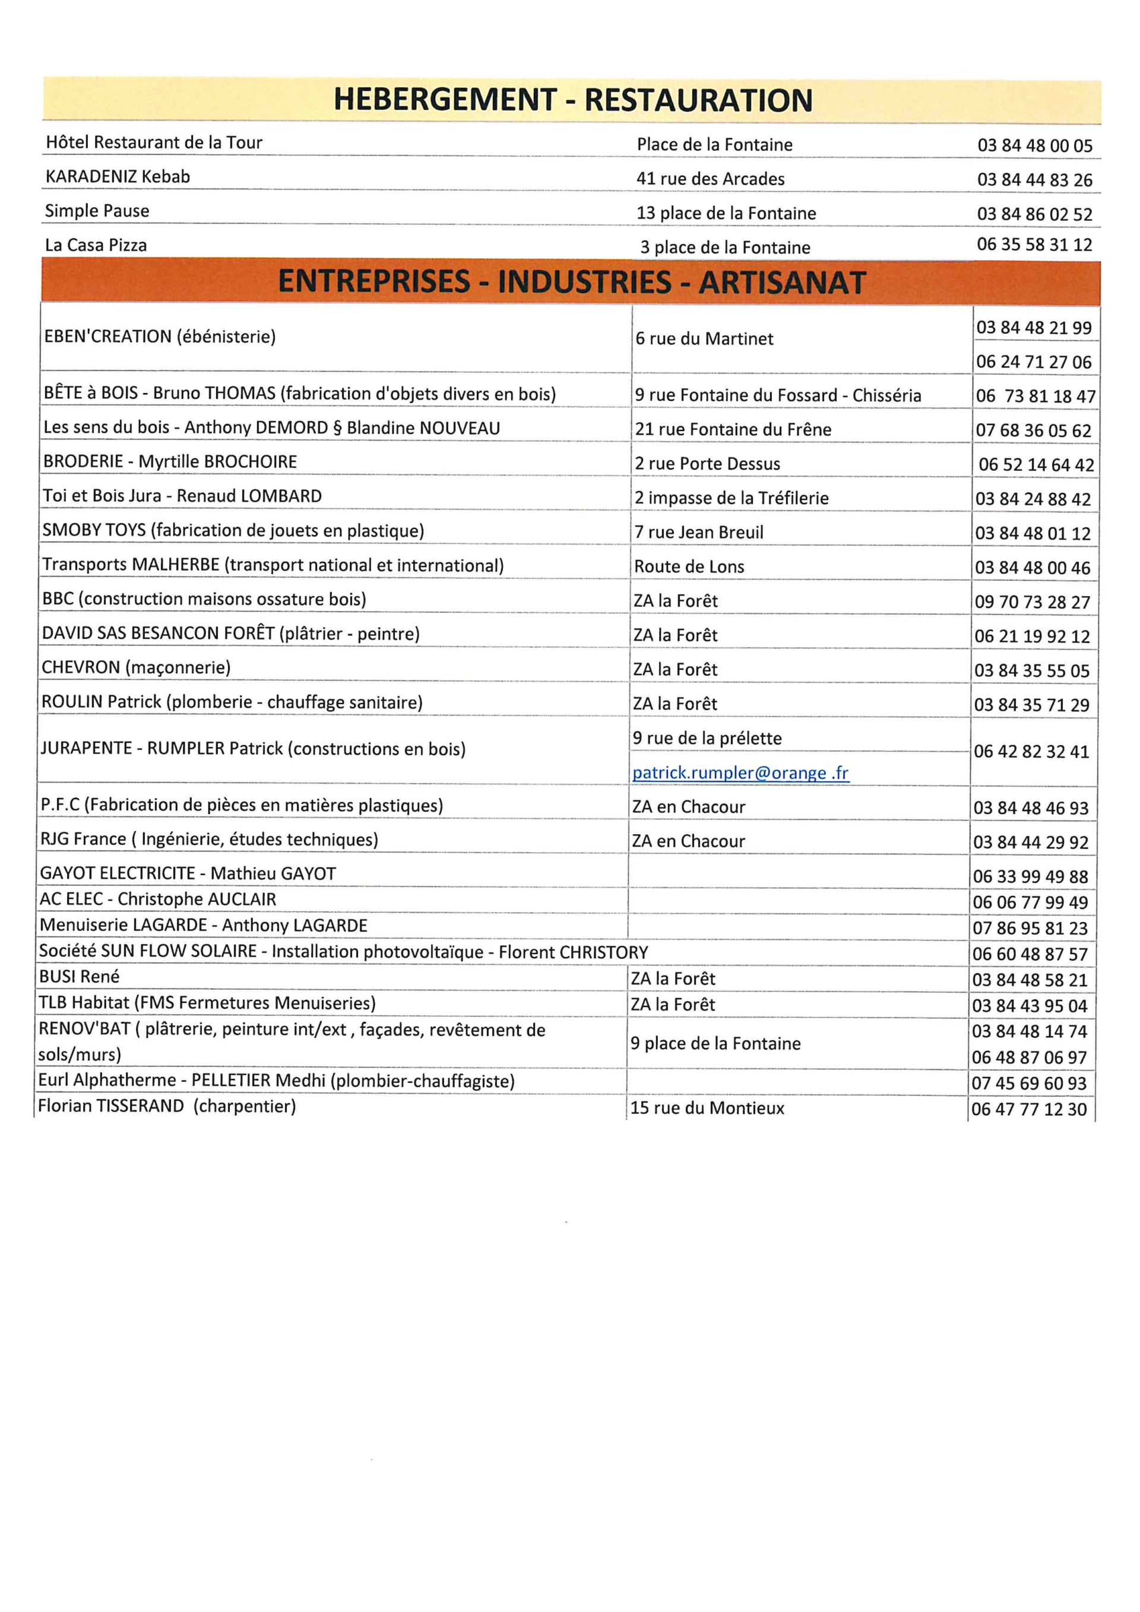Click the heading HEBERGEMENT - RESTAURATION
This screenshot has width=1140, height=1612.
pos(572,100)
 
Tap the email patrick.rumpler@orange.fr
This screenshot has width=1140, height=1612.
pos(740,773)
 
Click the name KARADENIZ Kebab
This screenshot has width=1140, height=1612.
pos(118,177)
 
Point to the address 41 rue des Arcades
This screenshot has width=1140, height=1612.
pos(710,179)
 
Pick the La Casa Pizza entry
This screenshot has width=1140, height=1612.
pos(96,245)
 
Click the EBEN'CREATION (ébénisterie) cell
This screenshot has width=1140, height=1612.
pos(160,337)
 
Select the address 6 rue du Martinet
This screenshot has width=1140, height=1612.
pos(704,339)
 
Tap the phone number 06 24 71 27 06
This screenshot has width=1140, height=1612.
pos(1033,362)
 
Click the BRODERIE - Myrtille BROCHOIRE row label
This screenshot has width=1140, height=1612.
pos(170,462)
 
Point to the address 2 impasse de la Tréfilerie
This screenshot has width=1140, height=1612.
pos(731,499)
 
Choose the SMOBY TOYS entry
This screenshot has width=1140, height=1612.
pos(233,531)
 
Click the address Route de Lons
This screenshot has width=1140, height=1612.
pos(689,566)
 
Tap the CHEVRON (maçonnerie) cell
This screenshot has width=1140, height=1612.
pos(136,668)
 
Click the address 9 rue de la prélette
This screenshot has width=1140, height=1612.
pos(707,739)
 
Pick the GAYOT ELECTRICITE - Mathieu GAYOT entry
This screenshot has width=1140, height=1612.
pos(188,874)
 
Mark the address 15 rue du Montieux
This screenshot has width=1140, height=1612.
pos(707,1109)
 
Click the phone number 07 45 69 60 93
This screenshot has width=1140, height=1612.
pos(1028,1084)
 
